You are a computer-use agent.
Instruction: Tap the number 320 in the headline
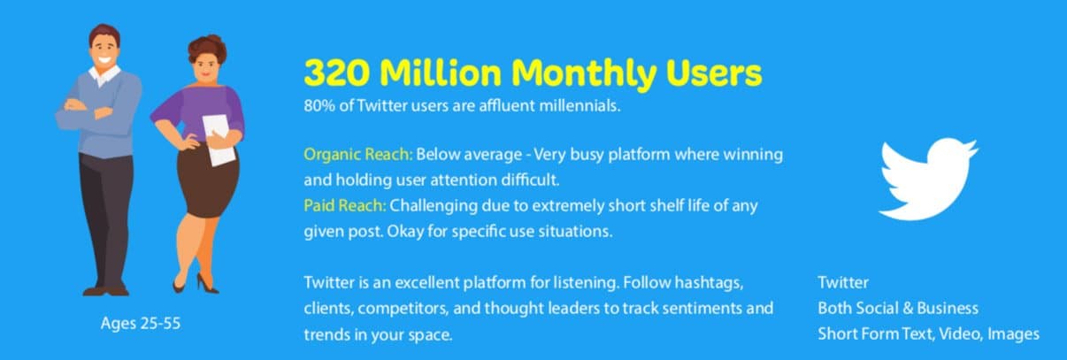(x=337, y=73)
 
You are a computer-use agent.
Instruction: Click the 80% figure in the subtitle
(x=319, y=105)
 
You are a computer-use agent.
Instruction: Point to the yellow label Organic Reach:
(x=358, y=154)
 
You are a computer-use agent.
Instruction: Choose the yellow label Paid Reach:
(x=345, y=205)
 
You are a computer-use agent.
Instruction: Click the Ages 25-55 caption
(x=141, y=324)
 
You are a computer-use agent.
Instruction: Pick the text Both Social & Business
(x=898, y=308)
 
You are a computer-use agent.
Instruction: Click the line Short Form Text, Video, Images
(x=928, y=333)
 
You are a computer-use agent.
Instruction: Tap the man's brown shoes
(x=106, y=290)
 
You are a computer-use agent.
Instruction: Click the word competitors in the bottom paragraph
(x=403, y=309)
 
